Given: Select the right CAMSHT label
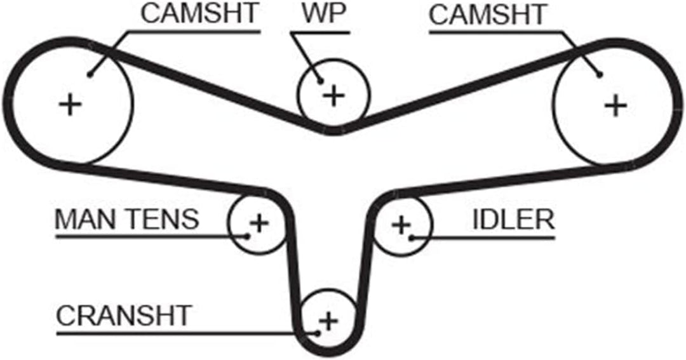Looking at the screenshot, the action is (x=487, y=15).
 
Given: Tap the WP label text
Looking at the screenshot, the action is (x=324, y=14).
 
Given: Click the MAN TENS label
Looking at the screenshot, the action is (x=127, y=219).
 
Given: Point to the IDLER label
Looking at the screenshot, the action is (x=513, y=220).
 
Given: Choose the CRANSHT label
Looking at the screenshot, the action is (x=124, y=316).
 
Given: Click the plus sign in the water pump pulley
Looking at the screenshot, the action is (x=334, y=96).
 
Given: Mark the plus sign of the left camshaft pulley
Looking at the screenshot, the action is (x=71, y=105).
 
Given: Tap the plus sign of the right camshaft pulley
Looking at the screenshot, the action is (x=615, y=105).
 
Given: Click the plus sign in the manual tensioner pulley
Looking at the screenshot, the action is (x=259, y=223).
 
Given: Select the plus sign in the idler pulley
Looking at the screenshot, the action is (x=401, y=225).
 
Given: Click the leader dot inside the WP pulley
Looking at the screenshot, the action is (x=321, y=81).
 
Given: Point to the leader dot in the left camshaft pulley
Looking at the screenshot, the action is (x=90, y=75).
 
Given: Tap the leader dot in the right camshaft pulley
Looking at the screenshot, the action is (x=600, y=75).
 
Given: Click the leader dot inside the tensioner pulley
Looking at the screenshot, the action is (x=247, y=237).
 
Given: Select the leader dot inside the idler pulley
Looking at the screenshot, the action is (x=411, y=238).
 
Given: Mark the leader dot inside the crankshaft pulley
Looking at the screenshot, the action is (x=318, y=334).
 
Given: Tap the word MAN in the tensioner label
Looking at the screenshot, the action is (x=86, y=219).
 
